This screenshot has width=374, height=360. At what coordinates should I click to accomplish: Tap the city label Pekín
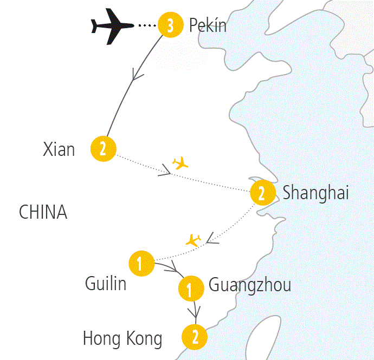[208, 25]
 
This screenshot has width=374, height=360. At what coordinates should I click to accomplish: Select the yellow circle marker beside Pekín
[170, 25]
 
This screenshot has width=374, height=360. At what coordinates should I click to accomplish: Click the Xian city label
[59, 149]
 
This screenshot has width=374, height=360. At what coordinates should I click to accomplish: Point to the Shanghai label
[315, 193]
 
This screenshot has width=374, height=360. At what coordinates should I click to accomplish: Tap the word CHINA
[43, 212]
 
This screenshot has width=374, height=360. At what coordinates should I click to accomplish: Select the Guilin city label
[106, 283]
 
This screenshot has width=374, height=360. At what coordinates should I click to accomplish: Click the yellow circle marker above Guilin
[140, 264]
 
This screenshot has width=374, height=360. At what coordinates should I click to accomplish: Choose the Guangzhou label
[249, 285]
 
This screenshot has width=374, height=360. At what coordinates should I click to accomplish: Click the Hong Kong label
[122, 339]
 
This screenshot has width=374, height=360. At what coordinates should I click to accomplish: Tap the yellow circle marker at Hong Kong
[195, 337]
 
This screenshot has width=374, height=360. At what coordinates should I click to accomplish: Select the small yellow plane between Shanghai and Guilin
[193, 240]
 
